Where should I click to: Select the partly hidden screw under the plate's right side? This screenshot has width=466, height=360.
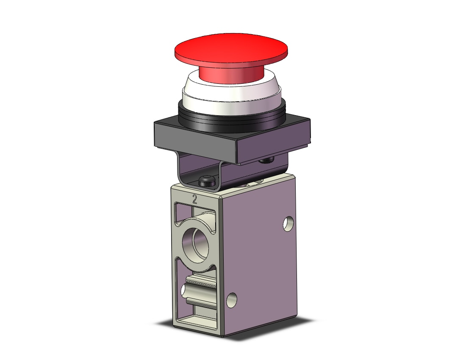click(266, 161)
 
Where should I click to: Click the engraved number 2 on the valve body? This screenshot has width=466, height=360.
click(195, 199)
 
